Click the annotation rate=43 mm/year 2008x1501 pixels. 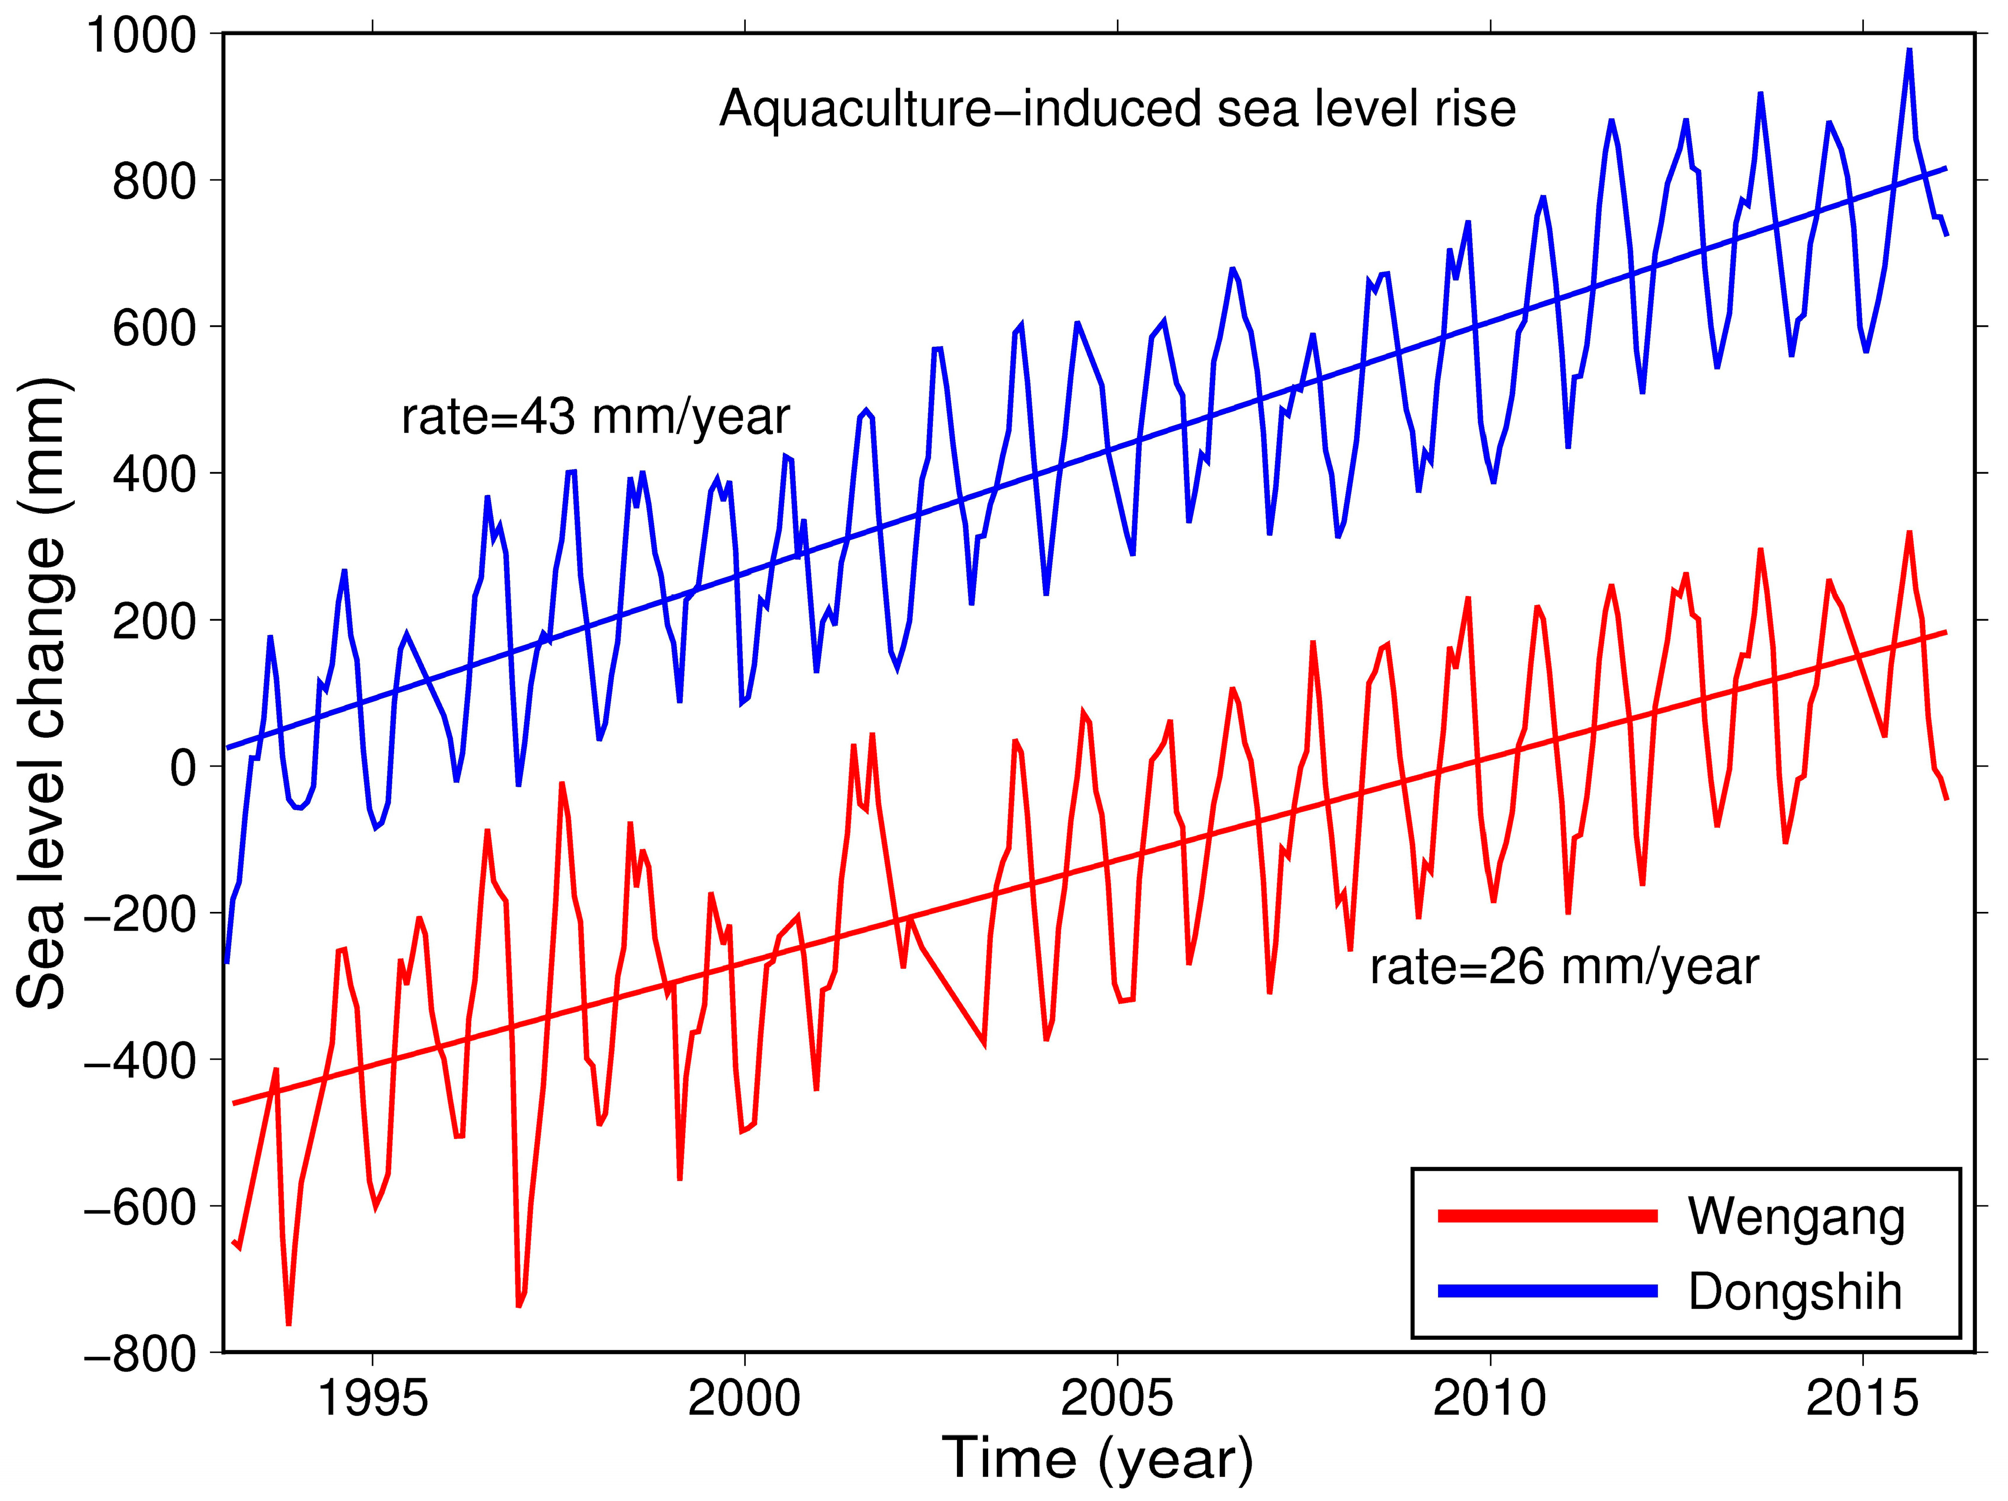point(595,416)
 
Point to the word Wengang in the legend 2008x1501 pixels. point(1796,1217)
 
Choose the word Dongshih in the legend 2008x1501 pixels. point(1794,1291)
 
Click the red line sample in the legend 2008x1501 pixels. point(1547,1216)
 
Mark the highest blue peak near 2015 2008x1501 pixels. point(1909,50)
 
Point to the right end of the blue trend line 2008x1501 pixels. point(1946,168)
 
